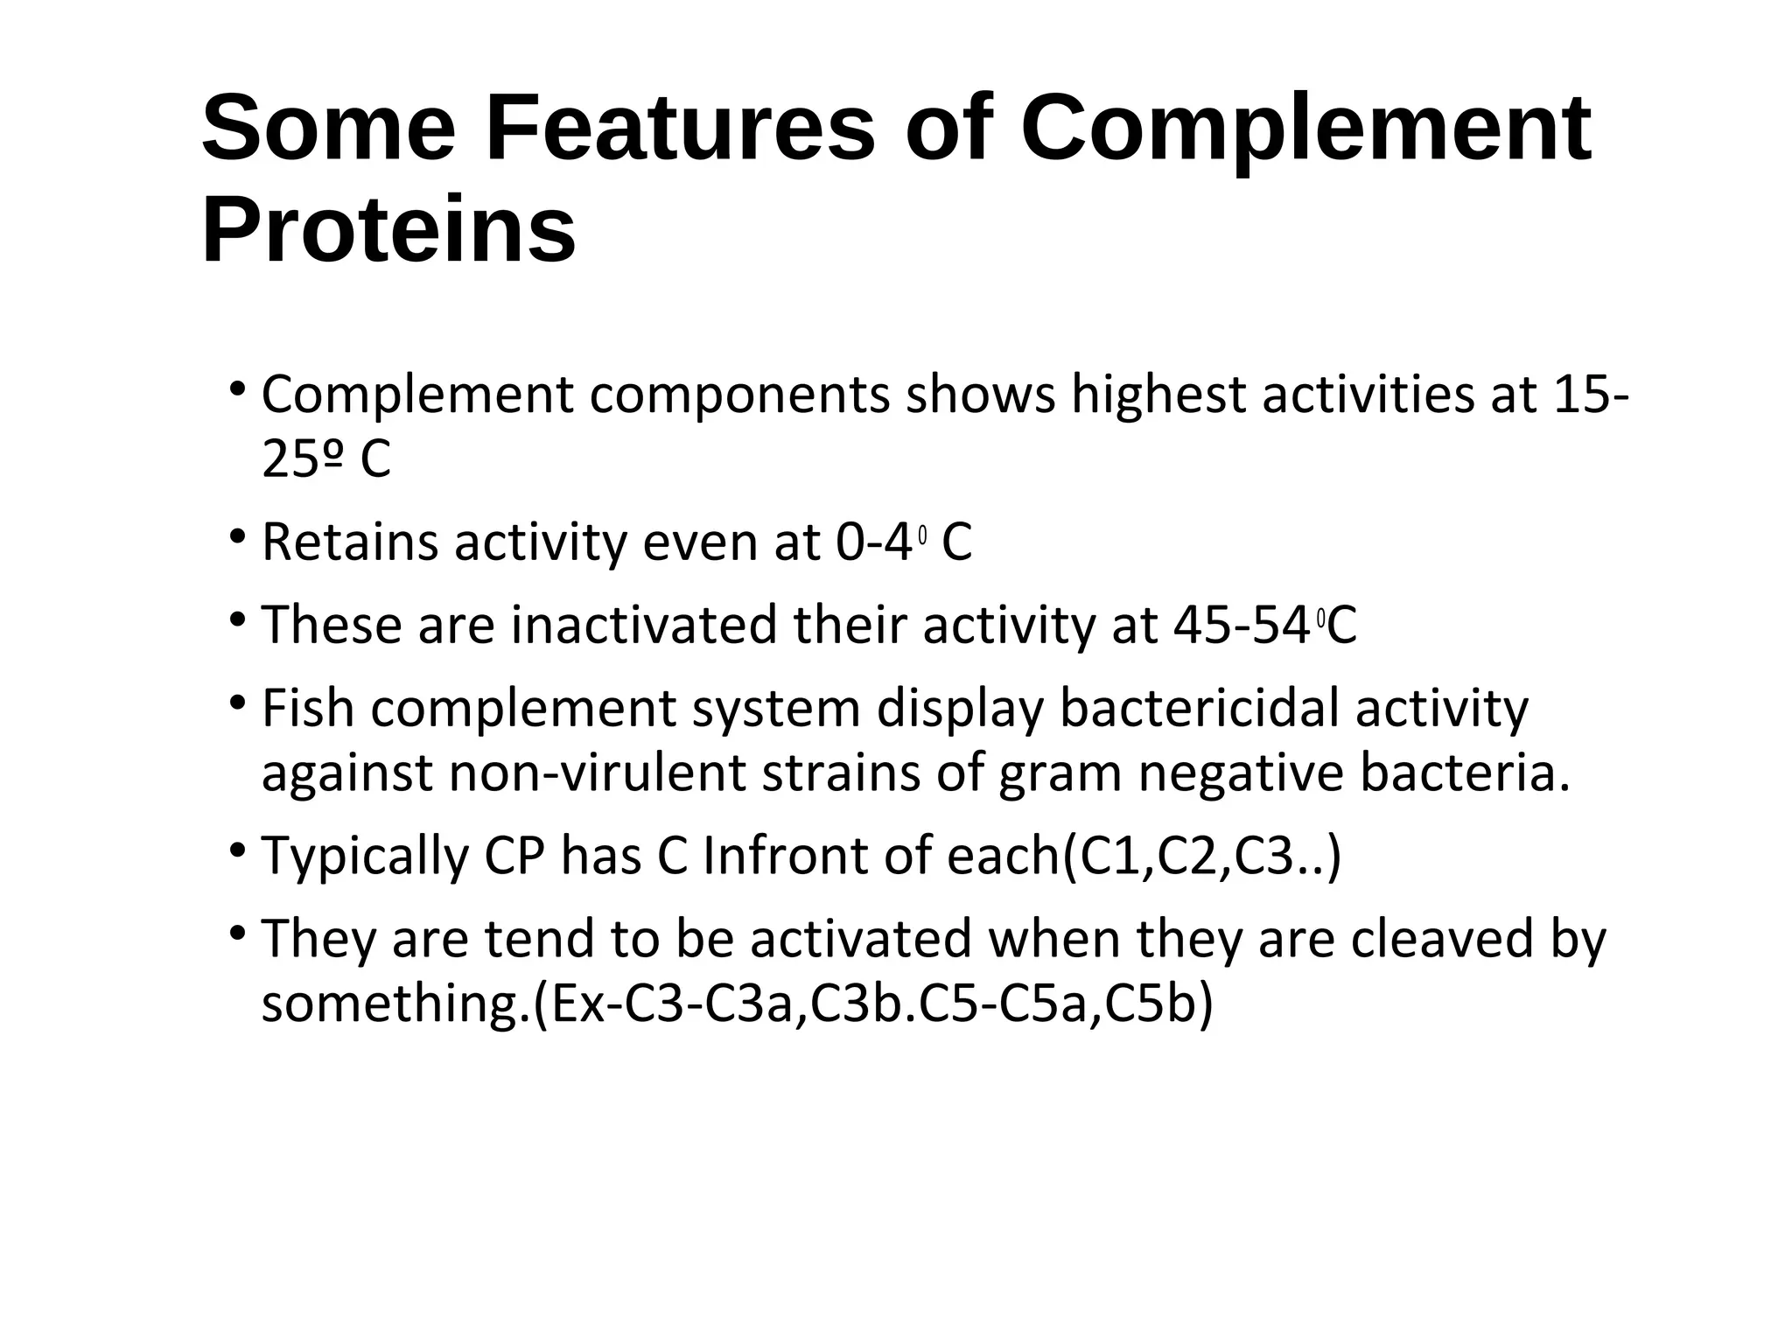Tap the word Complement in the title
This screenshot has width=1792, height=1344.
pyautogui.click(x=1305, y=129)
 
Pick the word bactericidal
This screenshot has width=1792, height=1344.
pyautogui.click(x=1200, y=709)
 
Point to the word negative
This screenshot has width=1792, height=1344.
pyautogui.click(x=1240, y=774)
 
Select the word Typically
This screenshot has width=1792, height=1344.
pyautogui.click(x=365, y=857)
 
